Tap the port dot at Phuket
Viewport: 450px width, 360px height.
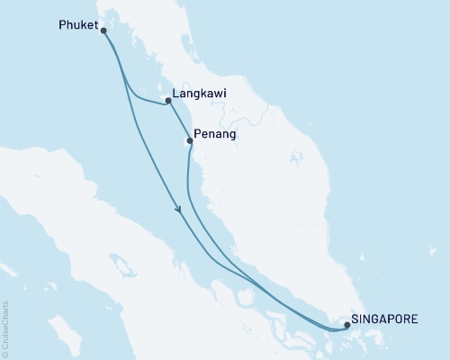103,31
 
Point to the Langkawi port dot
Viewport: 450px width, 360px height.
168,101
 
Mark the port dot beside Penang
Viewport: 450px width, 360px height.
189,140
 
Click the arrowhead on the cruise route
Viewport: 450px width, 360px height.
180,211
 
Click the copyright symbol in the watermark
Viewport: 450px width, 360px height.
5,352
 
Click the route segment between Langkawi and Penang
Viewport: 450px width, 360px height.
178,121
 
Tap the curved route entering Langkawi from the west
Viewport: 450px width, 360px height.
144,98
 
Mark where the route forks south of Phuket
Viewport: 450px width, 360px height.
117,63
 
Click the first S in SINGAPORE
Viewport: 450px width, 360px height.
355,318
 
